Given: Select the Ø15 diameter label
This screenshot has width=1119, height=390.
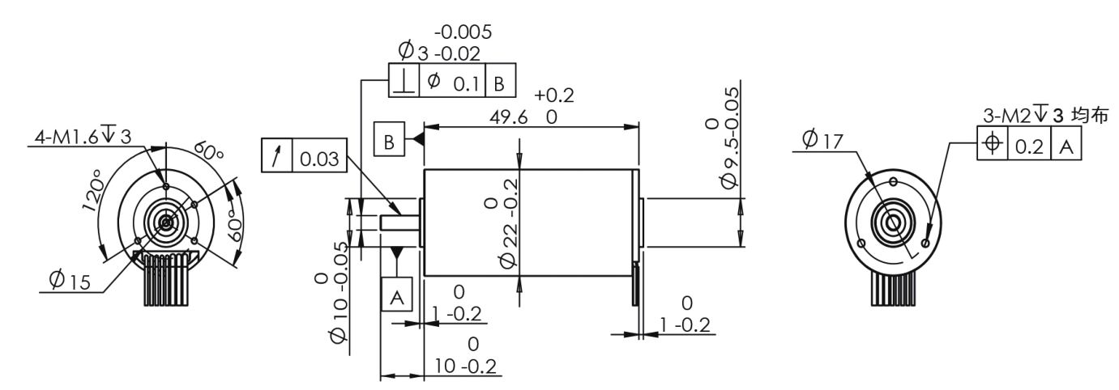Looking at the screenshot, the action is [70, 280].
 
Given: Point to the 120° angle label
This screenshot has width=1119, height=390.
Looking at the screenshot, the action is [92, 190].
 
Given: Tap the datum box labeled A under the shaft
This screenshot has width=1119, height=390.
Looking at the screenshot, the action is [397, 295].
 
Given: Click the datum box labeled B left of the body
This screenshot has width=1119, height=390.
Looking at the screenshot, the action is [389, 139].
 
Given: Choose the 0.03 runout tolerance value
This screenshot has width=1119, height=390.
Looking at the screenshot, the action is [319, 159].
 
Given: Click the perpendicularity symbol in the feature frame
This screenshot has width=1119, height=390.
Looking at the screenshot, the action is [404, 81].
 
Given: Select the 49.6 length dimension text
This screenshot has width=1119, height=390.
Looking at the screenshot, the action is [508, 117].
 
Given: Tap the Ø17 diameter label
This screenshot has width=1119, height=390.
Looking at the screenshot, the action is [822, 140].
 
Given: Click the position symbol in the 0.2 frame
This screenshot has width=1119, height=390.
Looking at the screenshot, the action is [992, 143].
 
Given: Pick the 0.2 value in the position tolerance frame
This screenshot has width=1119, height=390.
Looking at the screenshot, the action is [1030, 146].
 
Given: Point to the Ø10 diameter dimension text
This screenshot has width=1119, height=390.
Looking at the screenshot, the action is [339, 293].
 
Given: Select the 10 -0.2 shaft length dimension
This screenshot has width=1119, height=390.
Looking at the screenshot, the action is [465, 366].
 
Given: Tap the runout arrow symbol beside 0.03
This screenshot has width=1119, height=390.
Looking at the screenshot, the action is [276, 155].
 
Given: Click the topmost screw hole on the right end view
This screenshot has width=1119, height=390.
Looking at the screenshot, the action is [894, 182].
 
